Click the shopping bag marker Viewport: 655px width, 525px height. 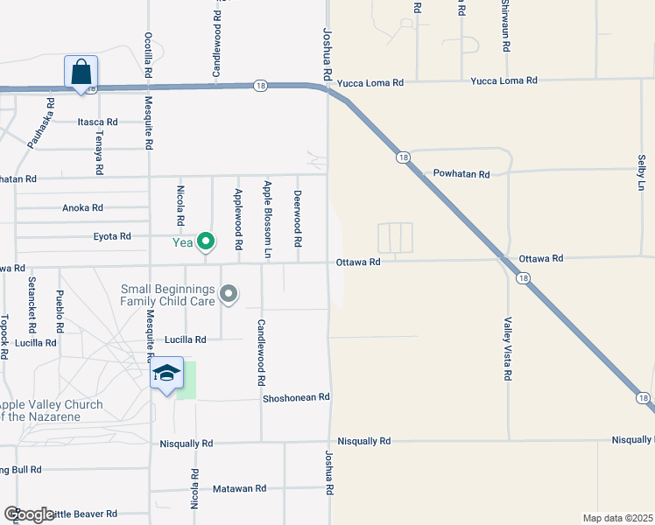click(x=81, y=72)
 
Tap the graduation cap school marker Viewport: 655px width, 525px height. click(x=166, y=374)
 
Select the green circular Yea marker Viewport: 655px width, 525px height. click(x=206, y=241)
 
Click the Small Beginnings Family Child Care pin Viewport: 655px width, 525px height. click(x=229, y=294)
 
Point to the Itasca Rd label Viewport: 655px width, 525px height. click(x=97, y=122)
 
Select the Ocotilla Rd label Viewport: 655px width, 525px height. click(x=149, y=55)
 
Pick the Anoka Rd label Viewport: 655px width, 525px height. click(x=82, y=208)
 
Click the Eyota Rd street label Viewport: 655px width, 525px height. click(x=111, y=236)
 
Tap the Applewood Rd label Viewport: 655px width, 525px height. click(x=237, y=213)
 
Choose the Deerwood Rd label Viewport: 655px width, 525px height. click(x=298, y=218)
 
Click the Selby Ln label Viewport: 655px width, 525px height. click(x=641, y=174)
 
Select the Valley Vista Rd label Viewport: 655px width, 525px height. click(x=507, y=348)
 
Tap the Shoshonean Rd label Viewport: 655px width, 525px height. click(x=296, y=397)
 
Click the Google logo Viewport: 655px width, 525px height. click(x=29, y=514)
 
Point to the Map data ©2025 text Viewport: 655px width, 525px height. click(x=618, y=518)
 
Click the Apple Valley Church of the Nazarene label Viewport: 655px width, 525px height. click(x=51, y=410)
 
